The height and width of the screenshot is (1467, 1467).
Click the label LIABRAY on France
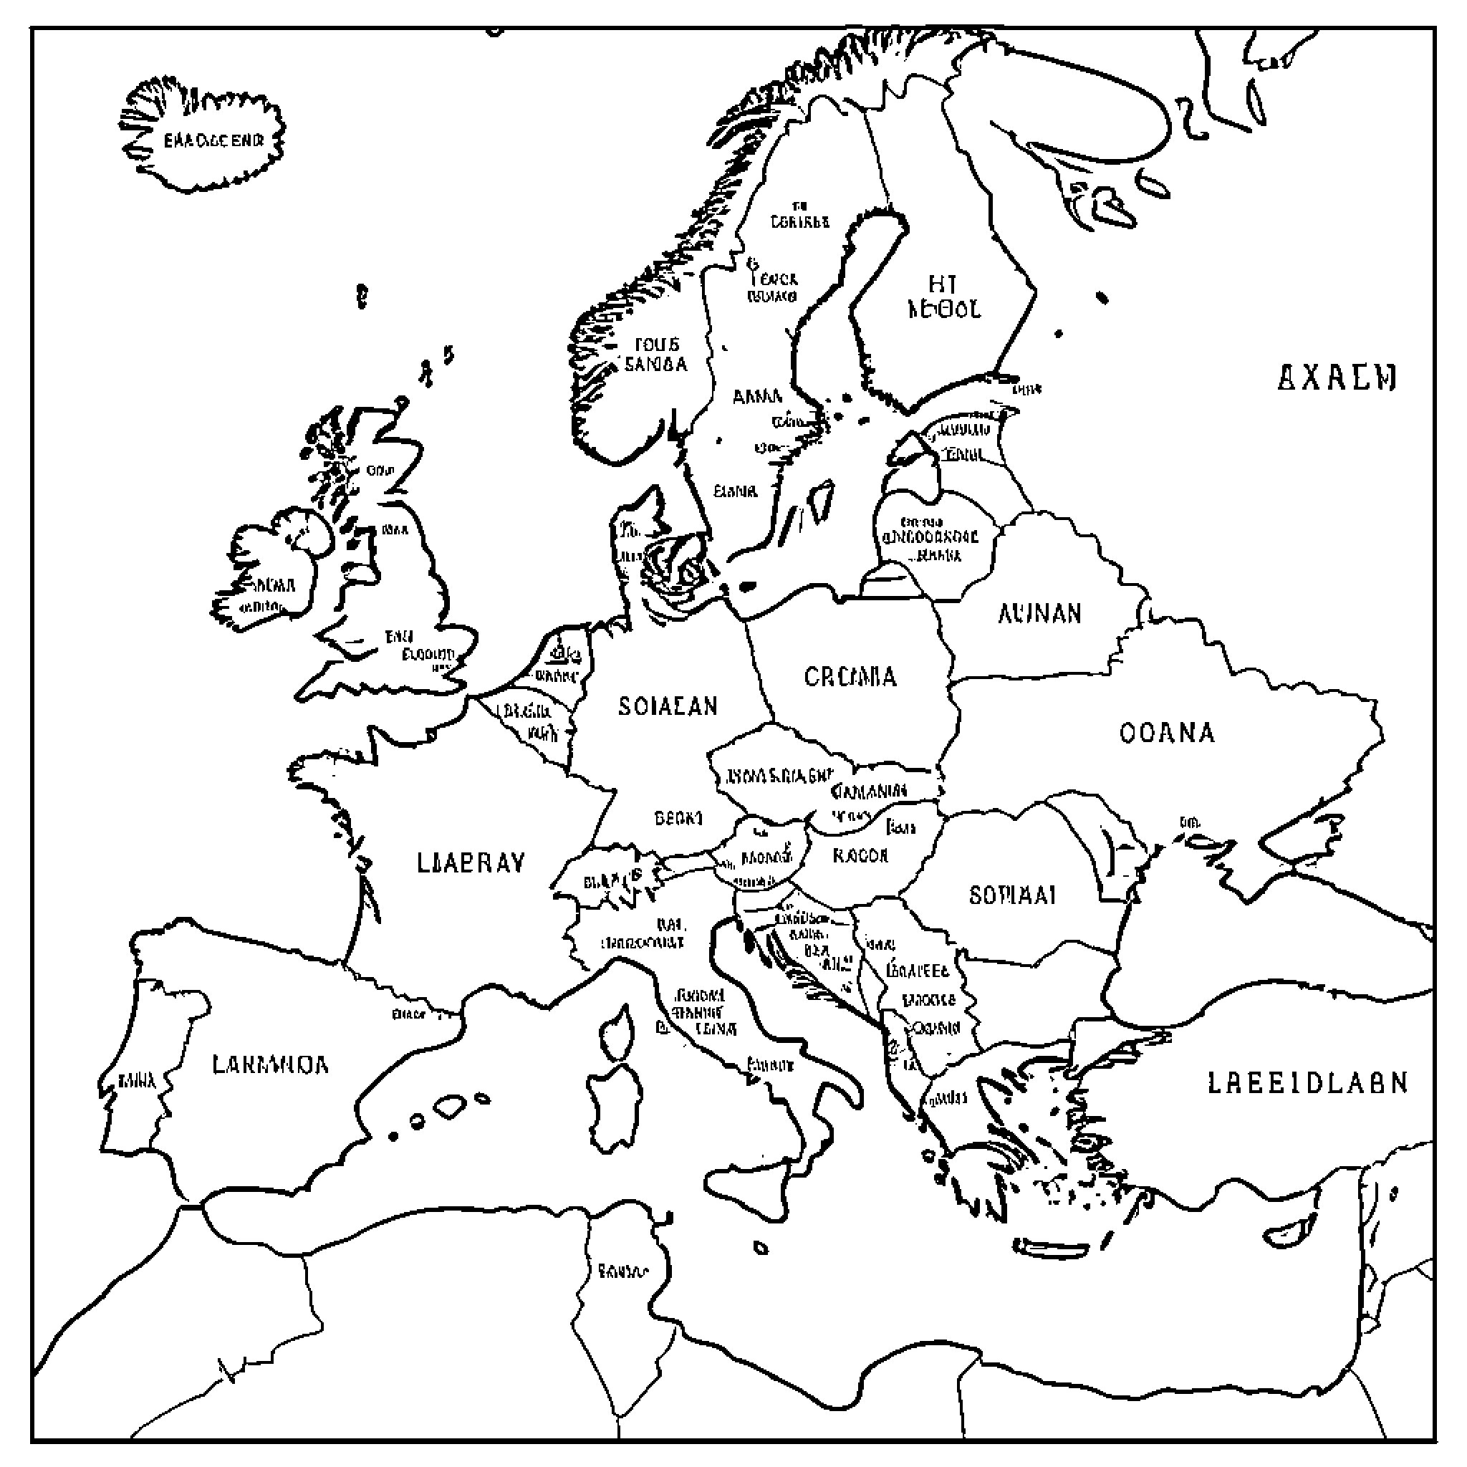pyautogui.click(x=471, y=863)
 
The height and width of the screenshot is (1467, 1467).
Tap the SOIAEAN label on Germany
pyautogui.click(x=668, y=706)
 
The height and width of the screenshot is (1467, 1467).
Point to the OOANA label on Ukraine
pyautogui.click(x=1166, y=733)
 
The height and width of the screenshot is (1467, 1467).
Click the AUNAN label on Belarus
pyautogui.click(x=1039, y=614)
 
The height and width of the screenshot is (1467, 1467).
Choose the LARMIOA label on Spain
pyautogui.click(x=270, y=1064)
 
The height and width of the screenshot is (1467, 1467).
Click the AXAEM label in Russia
pyautogui.click(x=1337, y=377)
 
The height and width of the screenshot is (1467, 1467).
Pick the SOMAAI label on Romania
pyautogui.click(x=1012, y=896)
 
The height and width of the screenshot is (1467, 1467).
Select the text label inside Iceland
pyautogui.click(x=213, y=140)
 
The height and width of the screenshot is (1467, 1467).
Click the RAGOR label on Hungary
pyautogui.click(x=860, y=856)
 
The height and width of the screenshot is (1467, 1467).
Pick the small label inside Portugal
pyautogui.click(x=138, y=1080)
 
